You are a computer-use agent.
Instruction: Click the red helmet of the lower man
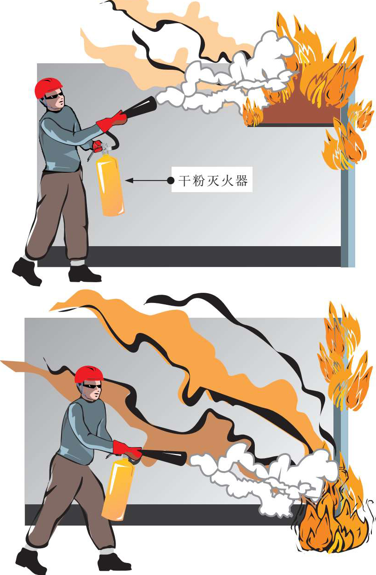click(x=89, y=375)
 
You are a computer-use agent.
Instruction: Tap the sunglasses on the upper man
click(x=55, y=96)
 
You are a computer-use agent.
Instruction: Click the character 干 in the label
click(x=184, y=181)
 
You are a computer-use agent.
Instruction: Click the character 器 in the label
click(x=241, y=181)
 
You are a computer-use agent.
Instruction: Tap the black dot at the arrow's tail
click(x=171, y=181)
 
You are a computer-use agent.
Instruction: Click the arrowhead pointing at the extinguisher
click(x=129, y=181)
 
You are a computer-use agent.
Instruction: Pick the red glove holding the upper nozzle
click(x=112, y=121)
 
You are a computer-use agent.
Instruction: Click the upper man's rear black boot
click(x=26, y=272)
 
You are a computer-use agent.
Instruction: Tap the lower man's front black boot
click(x=114, y=562)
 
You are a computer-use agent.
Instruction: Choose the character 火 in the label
click(x=227, y=181)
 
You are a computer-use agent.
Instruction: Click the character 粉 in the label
click(x=198, y=181)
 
